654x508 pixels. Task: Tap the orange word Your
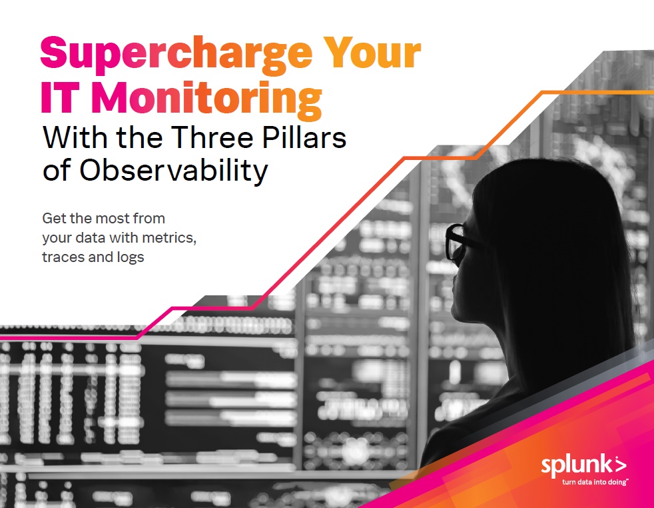372,52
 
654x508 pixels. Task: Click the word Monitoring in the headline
206,100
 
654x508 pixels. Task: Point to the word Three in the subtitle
212,137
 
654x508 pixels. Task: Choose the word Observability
174,171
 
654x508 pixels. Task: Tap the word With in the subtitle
77,137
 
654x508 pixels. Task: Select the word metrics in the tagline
169,238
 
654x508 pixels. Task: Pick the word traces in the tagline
62,257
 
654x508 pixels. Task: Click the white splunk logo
583,467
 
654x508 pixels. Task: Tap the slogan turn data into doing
595,482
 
